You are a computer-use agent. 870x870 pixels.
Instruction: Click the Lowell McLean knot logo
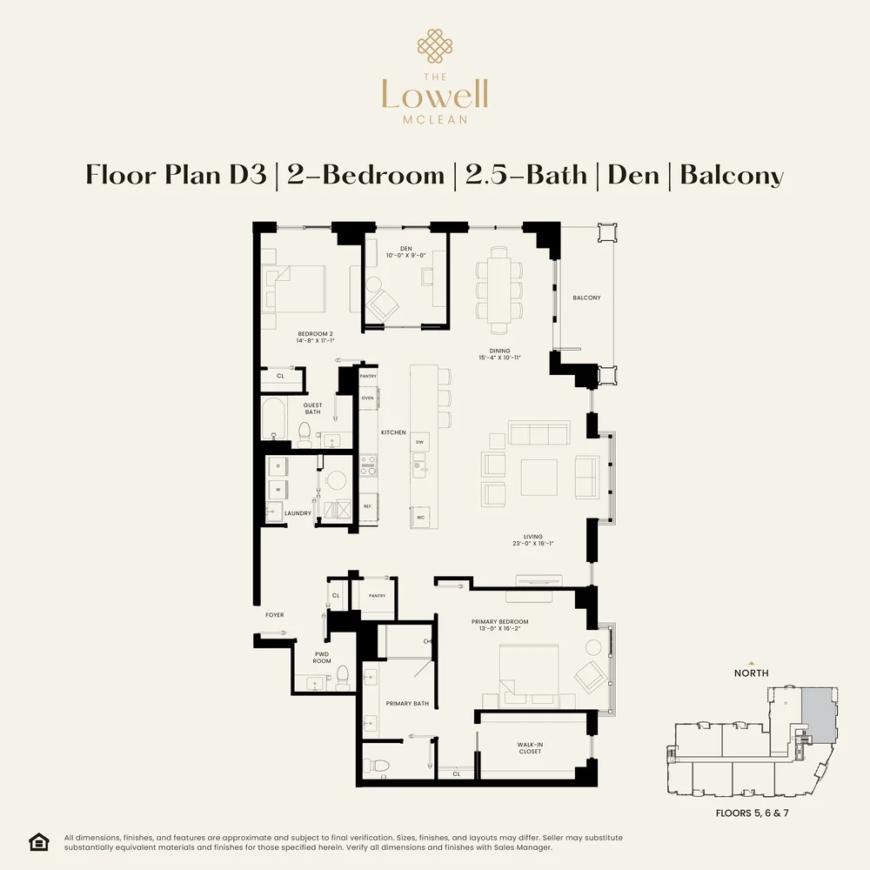click(434, 47)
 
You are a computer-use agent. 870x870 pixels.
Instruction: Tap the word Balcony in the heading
click(731, 175)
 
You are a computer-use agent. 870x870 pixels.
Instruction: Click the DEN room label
click(405, 249)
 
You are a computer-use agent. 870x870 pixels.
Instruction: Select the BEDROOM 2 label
click(315, 334)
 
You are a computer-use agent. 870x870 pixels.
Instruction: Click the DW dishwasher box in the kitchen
click(419, 442)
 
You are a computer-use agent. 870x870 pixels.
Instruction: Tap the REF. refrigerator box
click(367, 506)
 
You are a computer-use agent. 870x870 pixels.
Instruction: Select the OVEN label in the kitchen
click(367, 398)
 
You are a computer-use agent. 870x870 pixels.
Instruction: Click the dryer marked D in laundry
click(278, 466)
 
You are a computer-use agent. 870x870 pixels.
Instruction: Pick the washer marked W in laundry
click(278, 489)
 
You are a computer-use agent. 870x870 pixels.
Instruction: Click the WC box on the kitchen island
click(420, 517)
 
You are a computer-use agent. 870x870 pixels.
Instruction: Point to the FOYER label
click(275, 615)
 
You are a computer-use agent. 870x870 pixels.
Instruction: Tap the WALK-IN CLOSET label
click(529, 747)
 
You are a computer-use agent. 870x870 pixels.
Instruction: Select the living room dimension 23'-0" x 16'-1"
click(533, 544)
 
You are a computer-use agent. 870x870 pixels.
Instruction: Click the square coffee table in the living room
click(539, 477)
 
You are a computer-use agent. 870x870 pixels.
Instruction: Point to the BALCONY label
click(586, 298)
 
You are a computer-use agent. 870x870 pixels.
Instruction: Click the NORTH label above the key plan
click(752, 673)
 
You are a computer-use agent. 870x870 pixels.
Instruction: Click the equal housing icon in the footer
click(39, 841)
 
